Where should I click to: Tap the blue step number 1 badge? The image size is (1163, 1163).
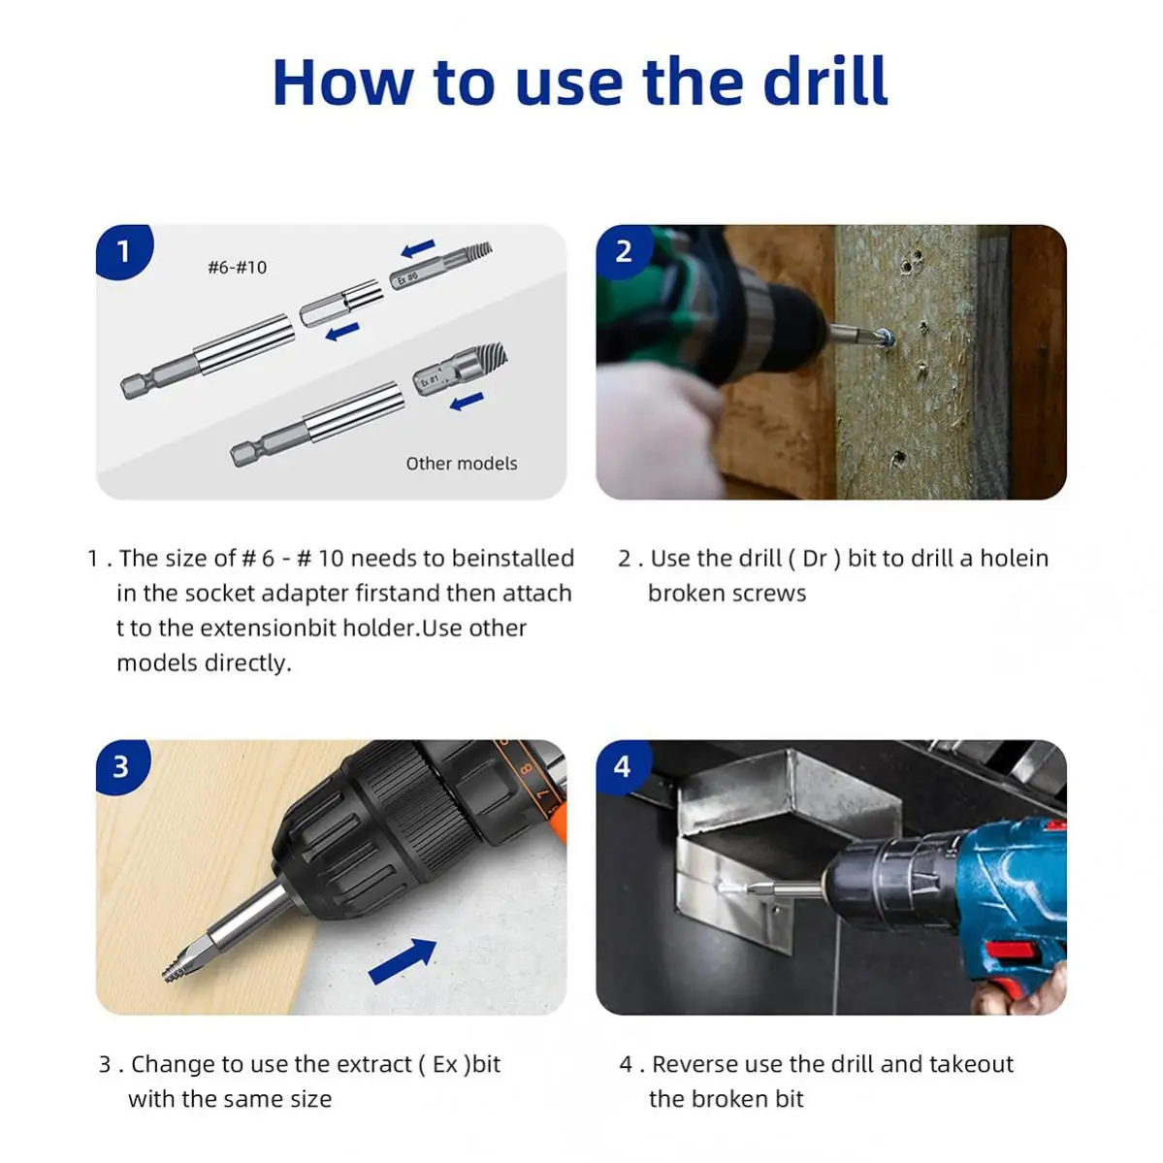pyautogui.click(x=123, y=251)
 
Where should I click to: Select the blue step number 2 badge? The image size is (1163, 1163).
pyautogui.click(x=624, y=251)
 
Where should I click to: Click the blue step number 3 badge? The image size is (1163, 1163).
pyautogui.click(x=120, y=766)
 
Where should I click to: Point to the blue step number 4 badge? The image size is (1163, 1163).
pyautogui.click(x=622, y=766)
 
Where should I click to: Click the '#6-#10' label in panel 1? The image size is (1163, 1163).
pyautogui.click(x=237, y=267)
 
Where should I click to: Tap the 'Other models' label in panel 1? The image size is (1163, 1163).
pyautogui.click(x=461, y=464)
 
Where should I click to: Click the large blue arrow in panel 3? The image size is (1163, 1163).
pyautogui.click(x=403, y=960)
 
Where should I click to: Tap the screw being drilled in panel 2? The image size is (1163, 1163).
pyautogui.click(x=884, y=338)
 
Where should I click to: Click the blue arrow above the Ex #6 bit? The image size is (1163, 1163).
pyautogui.click(x=418, y=248)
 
